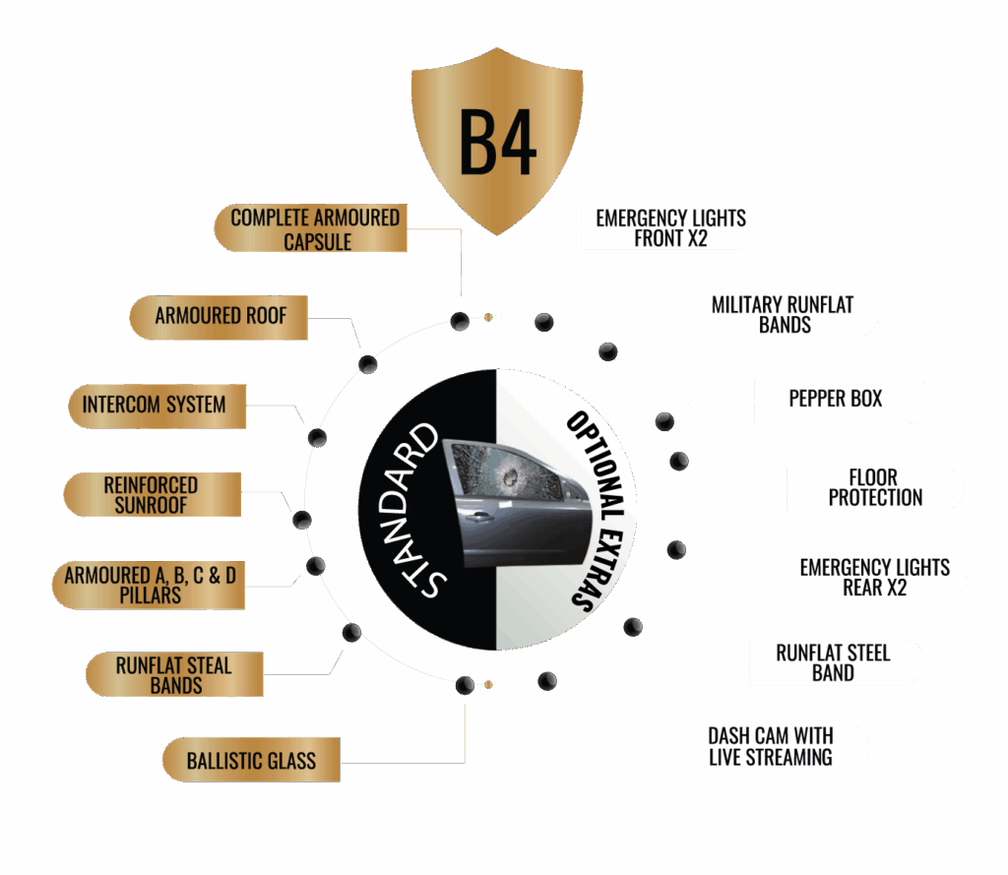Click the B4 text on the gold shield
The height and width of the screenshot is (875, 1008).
tap(497, 144)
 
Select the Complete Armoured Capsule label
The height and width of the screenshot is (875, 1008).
tap(314, 228)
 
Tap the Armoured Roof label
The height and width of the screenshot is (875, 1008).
tap(220, 316)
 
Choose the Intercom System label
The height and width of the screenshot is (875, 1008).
tap(155, 405)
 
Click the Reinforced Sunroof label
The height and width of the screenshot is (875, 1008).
tap(151, 495)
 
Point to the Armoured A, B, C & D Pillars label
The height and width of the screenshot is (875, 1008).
tap(150, 586)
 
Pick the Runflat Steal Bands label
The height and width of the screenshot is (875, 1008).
tap(174, 675)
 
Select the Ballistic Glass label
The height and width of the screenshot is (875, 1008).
tap(251, 760)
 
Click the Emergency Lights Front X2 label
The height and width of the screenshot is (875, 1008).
tap(670, 227)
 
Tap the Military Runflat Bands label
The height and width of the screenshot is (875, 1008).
tap(784, 315)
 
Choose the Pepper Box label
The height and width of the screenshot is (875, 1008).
tap(836, 400)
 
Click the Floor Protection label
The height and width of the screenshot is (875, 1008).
tap(875, 488)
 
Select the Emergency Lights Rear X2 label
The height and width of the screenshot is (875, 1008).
tap(874, 578)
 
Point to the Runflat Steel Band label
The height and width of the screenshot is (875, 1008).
tap(833, 662)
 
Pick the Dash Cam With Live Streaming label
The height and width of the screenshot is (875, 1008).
tap(770, 746)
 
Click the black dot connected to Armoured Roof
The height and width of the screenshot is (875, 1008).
tap(368, 364)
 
